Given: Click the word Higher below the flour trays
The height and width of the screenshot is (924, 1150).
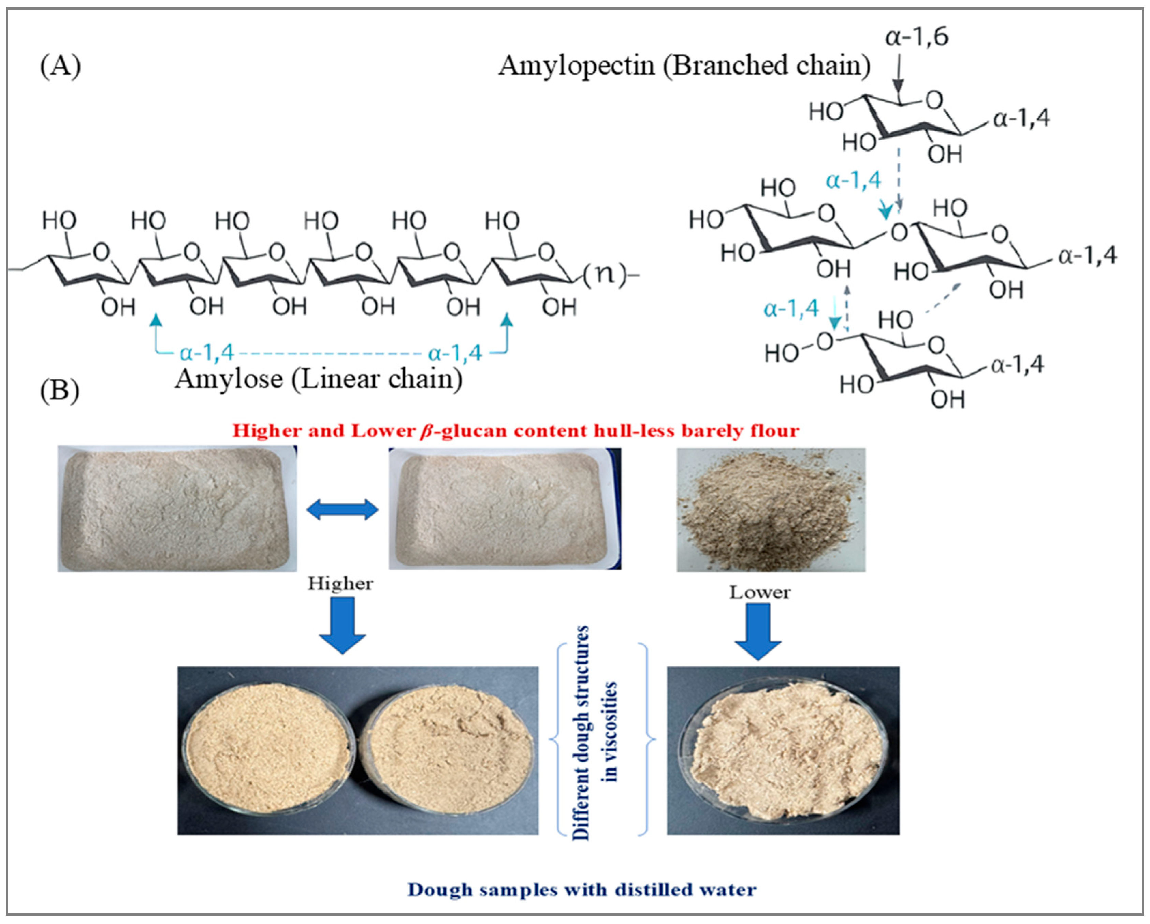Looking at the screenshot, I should pyautogui.click(x=340, y=583).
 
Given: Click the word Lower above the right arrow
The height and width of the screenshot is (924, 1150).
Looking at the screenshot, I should pyautogui.click(x=759, y=592).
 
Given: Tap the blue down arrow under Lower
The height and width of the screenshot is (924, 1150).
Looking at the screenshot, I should pyautogui.click(x=758, y=631).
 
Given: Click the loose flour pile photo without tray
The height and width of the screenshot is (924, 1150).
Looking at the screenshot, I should pyautogui.click(x=771, y=509).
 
